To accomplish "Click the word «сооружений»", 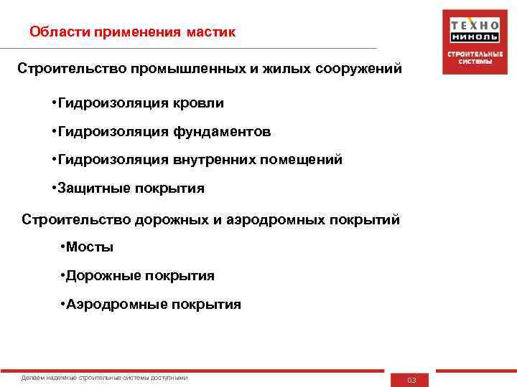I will pyautogui.click(x=345, y=70).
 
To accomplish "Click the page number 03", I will pyautogui.click(x=411, y=380).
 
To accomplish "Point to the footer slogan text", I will pyautogui.click(x=105, y=378).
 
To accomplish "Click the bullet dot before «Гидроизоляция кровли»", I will pyautogui.click(x=54, y=103).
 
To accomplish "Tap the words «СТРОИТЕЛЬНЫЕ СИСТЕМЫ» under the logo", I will pyautogui.click(x=470, y=57).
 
